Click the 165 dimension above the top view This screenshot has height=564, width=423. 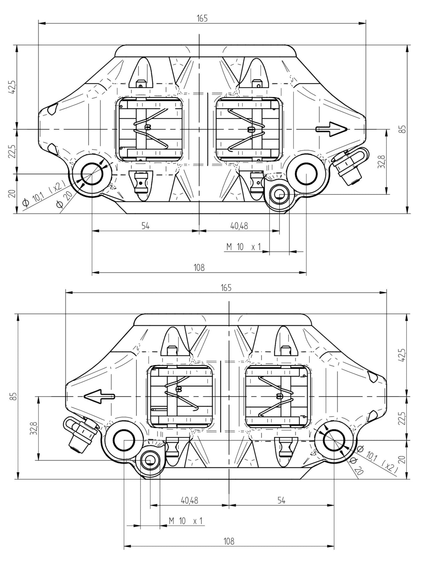202,18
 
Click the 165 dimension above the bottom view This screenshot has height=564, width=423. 226,287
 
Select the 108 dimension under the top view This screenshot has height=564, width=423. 199,268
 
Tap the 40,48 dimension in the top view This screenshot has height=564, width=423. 239,226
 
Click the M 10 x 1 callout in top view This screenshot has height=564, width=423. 243,247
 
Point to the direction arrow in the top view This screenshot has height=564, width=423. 332,129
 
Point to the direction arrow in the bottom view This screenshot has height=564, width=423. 99,396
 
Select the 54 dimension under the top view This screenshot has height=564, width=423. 145,226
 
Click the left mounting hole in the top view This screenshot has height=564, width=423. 92,174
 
